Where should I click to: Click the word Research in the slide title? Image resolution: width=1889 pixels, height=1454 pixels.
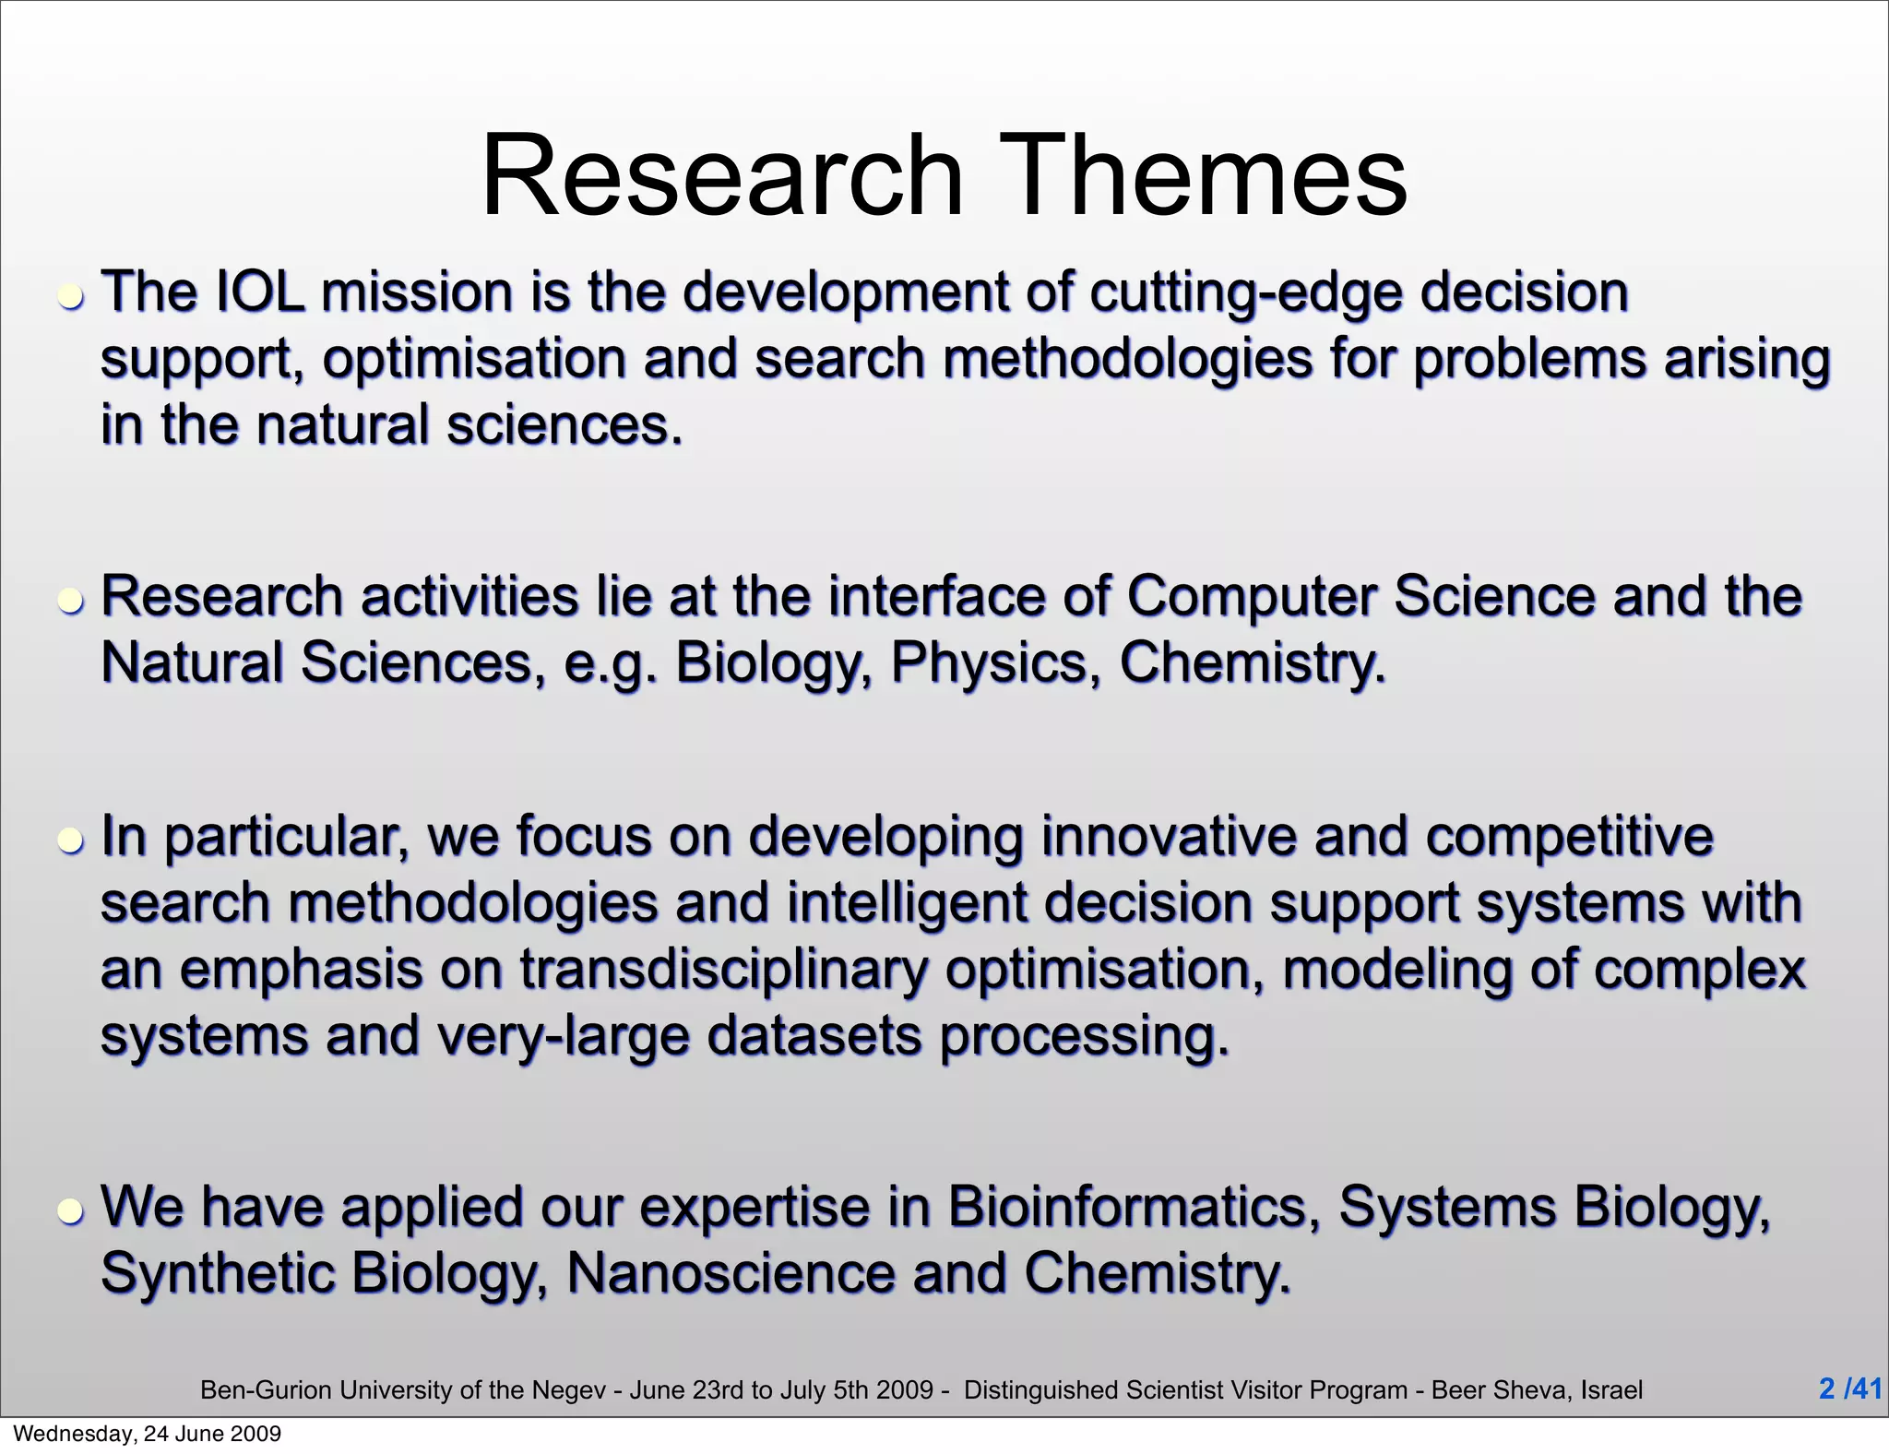click(722, 175)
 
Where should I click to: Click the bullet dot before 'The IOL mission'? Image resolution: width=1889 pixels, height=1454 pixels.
click(71, 298)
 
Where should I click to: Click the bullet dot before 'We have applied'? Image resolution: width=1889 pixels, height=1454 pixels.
click(71, 1210)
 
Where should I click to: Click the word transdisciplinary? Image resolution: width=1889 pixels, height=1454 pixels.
click(724, 971)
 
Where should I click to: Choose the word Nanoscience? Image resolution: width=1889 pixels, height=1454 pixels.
click(731, 1273)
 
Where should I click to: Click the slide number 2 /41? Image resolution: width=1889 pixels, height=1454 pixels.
click(1849, 1388)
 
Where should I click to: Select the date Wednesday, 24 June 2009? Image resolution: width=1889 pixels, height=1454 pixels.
click(148, 1434)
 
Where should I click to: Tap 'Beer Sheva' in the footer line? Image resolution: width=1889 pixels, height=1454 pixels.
click(1500, 1390)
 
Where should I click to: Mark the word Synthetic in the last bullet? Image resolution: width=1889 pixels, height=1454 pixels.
click(218, 1274)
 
